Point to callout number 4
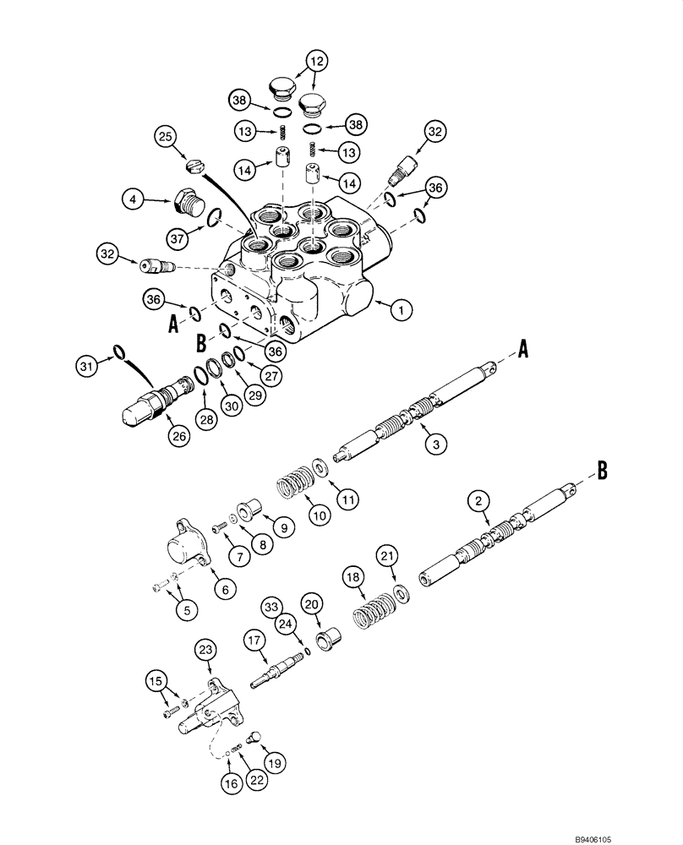(x=133, y=200)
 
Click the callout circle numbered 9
(x=283, y=528)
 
